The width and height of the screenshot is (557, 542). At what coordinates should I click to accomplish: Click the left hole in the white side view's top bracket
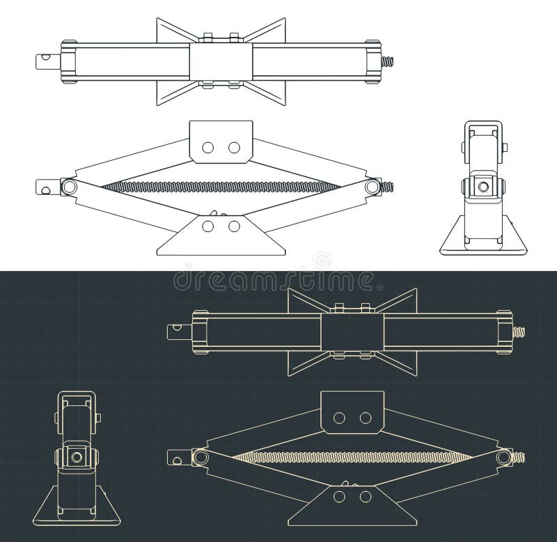pyautogui.click(x=207, y=147)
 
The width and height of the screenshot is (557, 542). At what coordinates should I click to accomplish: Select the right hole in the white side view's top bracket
pyautogui.click(x=234, y=147)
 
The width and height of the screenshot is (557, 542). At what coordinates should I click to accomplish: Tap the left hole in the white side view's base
pyautogui.click(x=207, y=226)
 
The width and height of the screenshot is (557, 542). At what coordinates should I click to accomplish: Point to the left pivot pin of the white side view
pyautogui.click(x=68, y=187)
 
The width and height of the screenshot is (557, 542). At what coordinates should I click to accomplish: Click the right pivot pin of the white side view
pyautogui.click(x=372, y=187)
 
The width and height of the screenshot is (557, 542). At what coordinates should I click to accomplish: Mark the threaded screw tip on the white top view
pyautogui.click(x=388, y=61)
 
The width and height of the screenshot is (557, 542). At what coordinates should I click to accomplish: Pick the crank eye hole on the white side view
pyautogui.click(x=46, y=187)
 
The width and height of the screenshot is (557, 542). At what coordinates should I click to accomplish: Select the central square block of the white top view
pyautogui.click(x=221, y=61)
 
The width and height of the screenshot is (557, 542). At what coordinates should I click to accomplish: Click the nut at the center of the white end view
pyautogui.click(x=480, y=186)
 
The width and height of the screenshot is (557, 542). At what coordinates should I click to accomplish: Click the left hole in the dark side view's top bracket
pyautogui.click(x=339, y=417)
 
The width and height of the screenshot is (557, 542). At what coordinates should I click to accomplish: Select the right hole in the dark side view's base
pyautogui.click(x=365, y=496)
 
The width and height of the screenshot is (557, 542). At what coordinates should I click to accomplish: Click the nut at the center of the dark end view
pyautogui.click(x=76, y=457)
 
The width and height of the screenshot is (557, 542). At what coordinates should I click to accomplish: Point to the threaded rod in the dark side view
pyautogui.click(x=352, y=457)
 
